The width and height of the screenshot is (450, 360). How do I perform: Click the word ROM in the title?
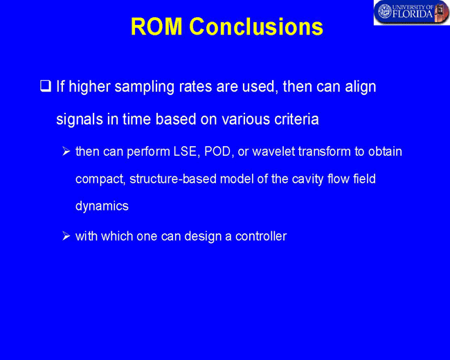point(156,26)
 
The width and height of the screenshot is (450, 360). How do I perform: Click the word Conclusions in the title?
point(256,26)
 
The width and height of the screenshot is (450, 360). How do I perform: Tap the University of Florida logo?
point(411,12)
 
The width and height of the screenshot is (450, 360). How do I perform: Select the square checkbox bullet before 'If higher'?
point(45,87)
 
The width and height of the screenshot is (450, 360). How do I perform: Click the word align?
point(361,87)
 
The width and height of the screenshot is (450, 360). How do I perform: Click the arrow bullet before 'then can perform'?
point(66,152)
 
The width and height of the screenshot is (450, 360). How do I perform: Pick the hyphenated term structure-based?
point(173,179)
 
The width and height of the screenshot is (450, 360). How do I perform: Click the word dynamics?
point(102,206)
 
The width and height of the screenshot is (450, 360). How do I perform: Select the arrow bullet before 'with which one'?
point(66,236)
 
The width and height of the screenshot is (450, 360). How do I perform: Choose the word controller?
point(261,236)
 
